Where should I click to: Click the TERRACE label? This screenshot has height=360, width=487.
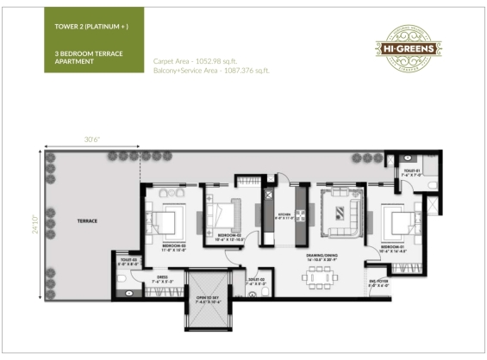tap(86, 221)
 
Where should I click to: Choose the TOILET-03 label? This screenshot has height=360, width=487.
tap(129, 260)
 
